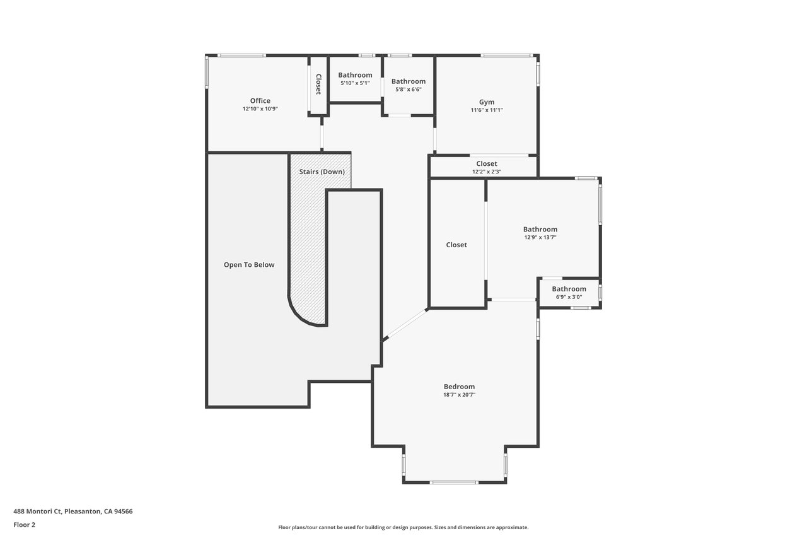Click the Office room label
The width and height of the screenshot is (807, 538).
click(260, 100)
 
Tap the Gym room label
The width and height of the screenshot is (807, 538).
click(486, 102)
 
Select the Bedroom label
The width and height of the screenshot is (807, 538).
click(459, 387)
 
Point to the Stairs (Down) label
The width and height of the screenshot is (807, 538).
click(322, 172)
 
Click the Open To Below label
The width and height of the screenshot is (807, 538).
click(249, 265)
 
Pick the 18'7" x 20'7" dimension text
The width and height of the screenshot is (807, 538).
click(459, 395)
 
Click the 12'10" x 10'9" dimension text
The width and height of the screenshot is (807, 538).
click(260, 109)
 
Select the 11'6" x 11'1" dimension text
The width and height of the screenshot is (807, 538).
click(486, 110)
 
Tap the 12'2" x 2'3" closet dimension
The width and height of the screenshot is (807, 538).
click(486, 172)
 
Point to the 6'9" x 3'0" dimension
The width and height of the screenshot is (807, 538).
click(569, 297)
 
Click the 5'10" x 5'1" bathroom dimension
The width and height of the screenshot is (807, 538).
click(355, 83)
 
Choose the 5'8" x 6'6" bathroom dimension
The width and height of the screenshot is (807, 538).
click(408, 90)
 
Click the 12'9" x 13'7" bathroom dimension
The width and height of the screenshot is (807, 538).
click(540, 238)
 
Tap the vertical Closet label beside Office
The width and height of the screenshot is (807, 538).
click(318, 85)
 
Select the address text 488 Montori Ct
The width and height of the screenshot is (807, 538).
click(37, 512)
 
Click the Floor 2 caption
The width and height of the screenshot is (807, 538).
click(25, 525)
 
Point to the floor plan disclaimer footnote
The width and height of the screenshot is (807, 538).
click(403, 527)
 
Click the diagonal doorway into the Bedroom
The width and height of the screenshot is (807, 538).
click(405, 324)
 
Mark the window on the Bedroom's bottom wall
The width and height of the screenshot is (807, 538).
click(454, 482)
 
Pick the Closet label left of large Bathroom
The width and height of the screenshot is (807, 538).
click(456, 245)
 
